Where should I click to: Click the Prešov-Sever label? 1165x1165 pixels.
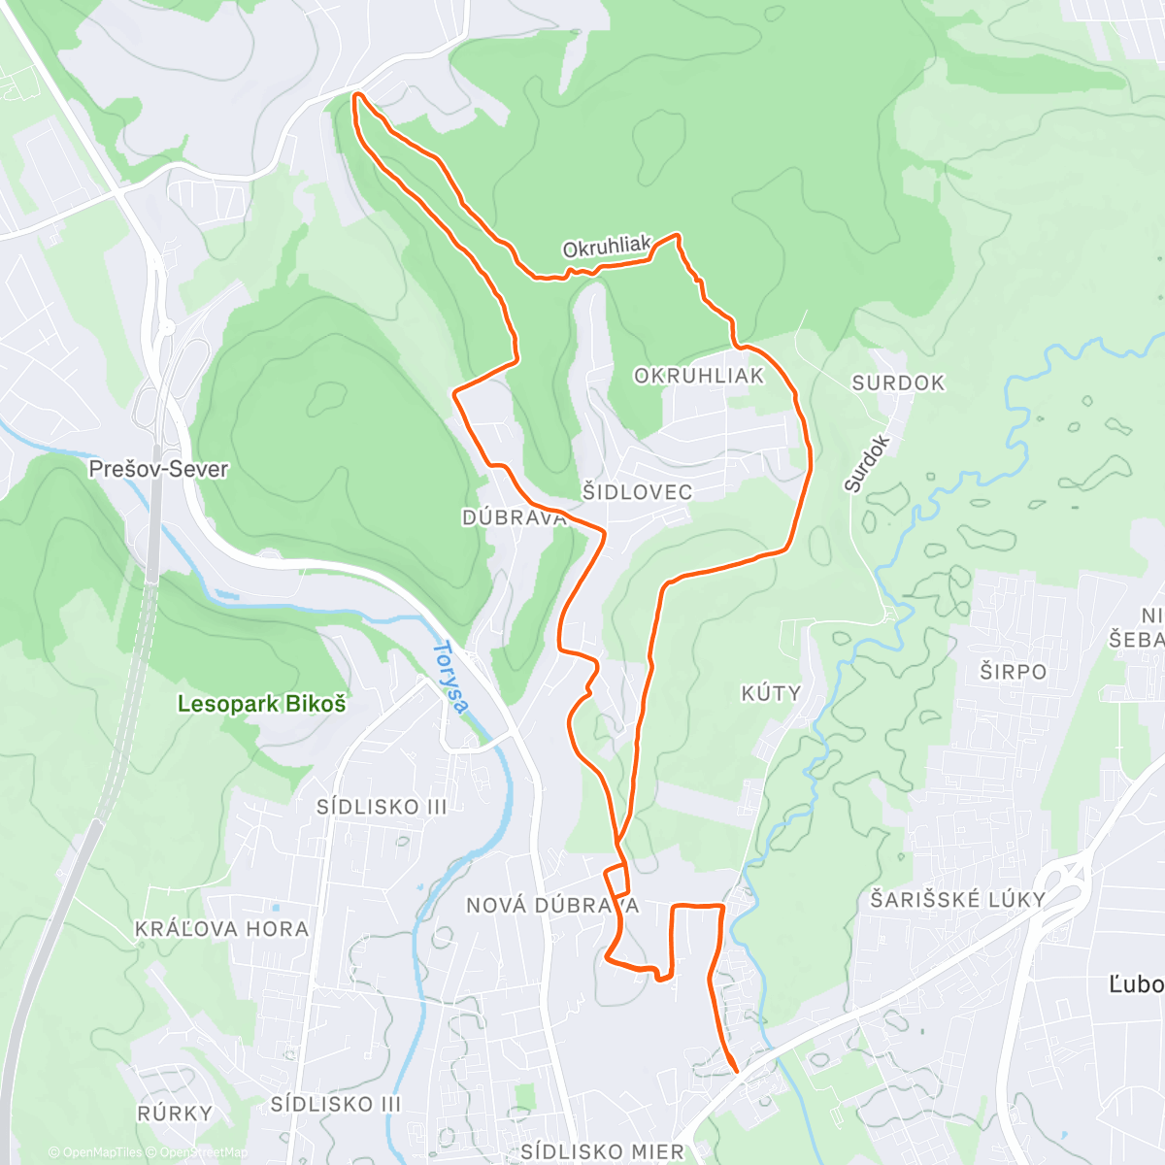coord(158,469)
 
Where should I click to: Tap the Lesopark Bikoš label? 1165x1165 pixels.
coord(261,704)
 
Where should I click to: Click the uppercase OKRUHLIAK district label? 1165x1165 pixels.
coord(699,376)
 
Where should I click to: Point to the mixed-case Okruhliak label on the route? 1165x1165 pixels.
coord(607,248)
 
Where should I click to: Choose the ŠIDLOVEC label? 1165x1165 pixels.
coord(637,492)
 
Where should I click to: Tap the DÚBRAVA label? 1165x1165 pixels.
coord(514,517)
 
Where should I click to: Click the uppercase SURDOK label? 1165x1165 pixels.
coord(898,383)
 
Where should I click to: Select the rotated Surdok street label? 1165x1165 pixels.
coord(866,463)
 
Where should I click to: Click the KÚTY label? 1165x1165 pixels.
coord(771,693)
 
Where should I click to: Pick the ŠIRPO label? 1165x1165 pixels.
coord(1013,672)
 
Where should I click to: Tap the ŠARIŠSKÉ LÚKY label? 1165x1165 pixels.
coord(957,900)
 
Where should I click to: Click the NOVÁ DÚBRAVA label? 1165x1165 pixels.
coord(552,906)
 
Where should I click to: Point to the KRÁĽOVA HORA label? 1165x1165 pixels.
coord(221,929)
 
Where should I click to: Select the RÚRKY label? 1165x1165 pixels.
coord(175,1113)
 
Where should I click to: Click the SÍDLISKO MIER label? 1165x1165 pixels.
coord(602,1151)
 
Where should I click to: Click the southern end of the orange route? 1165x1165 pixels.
coord(736,1071)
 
